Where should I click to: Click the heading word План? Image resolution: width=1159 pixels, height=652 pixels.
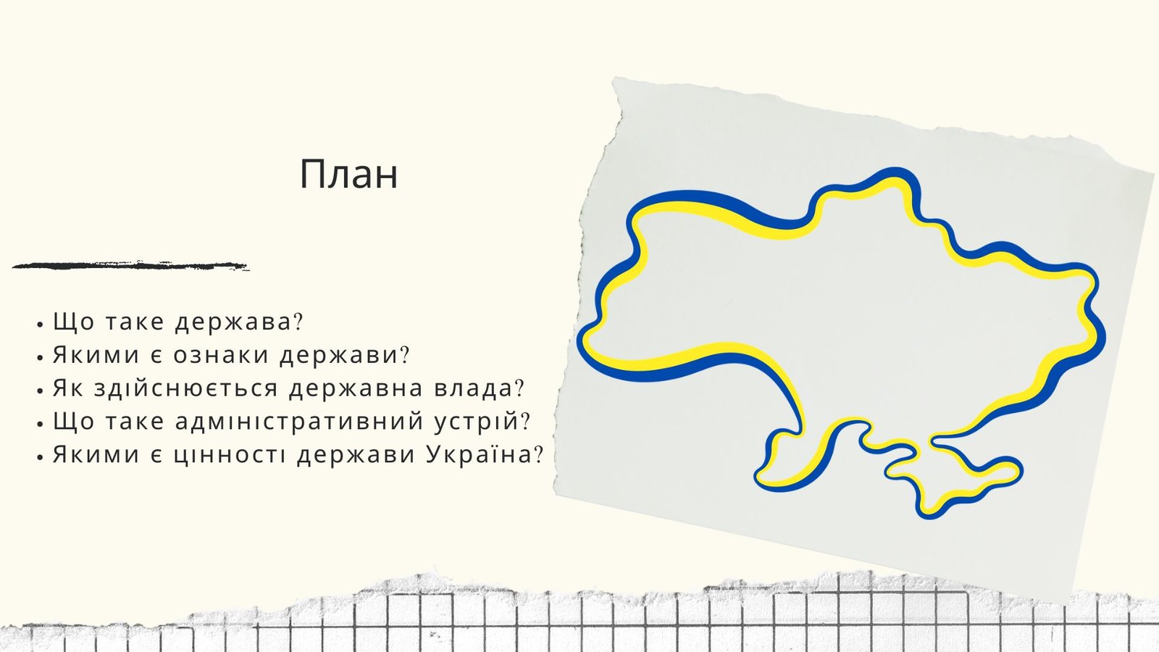point(348,175)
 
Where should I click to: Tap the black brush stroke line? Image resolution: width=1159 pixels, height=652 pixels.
point(130,266)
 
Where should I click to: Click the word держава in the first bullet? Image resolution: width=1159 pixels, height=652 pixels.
point(233,322)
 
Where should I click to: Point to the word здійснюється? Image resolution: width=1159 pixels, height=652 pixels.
point(186,388)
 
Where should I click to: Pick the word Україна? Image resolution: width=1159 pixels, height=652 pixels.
point(479,454)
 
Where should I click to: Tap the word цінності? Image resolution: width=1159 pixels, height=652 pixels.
point(230,454)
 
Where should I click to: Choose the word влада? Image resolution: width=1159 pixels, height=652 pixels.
point(473,388)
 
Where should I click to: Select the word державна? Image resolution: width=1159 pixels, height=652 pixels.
point(356,388)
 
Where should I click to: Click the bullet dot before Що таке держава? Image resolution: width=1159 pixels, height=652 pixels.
point(40,325)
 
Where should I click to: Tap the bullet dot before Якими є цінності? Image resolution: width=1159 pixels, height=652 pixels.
point(40,457)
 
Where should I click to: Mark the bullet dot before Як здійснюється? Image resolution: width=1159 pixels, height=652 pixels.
point(40,391)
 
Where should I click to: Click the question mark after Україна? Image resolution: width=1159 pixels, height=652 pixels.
point(539,454)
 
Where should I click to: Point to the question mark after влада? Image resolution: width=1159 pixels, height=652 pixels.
point(519,388)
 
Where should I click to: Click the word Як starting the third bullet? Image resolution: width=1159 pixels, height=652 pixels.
point(68,388)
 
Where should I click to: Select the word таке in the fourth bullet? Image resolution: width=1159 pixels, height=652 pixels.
point(135,421)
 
